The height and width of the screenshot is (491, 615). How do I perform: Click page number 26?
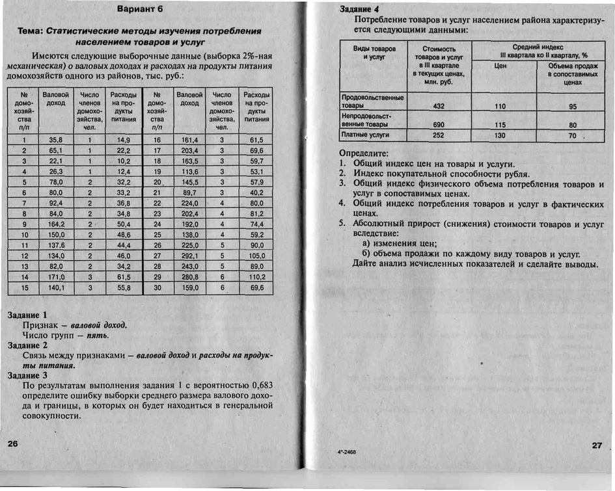[x=12, y=443]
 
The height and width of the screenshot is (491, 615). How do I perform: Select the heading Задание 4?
[x=359, y=9]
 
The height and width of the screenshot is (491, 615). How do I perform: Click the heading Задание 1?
[x=27, y=314]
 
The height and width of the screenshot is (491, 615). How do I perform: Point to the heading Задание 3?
[x=27, y=375]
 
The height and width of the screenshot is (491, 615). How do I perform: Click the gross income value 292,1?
[x=189, y=256]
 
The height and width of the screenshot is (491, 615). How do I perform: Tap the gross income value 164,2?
[x=56, y=224]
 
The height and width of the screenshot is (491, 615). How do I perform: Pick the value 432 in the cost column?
[x=438, y=105]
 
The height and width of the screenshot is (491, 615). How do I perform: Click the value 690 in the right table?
[x=438, y=124]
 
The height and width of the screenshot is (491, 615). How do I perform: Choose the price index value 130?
[x=500, y=135]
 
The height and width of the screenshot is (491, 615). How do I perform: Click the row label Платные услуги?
[x=365, y=135]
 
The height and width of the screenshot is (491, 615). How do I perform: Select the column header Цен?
[x=500, y=66]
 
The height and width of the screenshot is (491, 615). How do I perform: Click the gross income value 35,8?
[x=56, y=140]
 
